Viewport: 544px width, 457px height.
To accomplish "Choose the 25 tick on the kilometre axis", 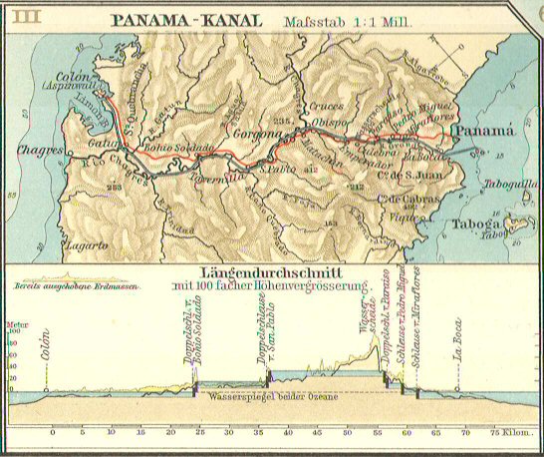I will [x=200, y=435].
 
